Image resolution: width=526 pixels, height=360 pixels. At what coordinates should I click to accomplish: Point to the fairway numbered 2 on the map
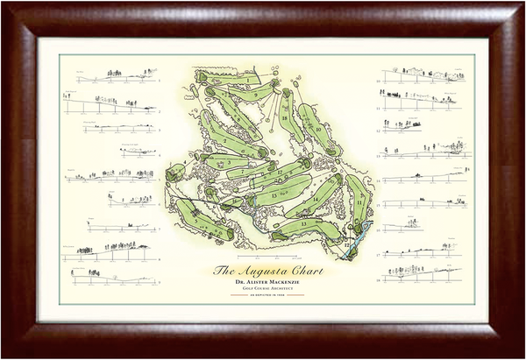point(230,140)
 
